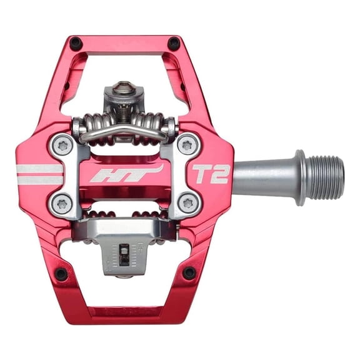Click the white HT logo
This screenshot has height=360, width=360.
pos(126,174)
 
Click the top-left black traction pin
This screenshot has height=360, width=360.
pos(76,43)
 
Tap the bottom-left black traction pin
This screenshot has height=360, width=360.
pos(61,274)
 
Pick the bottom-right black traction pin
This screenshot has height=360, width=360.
pos(189,272)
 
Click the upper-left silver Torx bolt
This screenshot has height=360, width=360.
pos(61,146)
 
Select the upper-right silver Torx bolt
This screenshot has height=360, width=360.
pos(188,146)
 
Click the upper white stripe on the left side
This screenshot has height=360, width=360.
pos(39,168)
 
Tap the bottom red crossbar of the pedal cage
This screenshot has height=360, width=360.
pos(124,311)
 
